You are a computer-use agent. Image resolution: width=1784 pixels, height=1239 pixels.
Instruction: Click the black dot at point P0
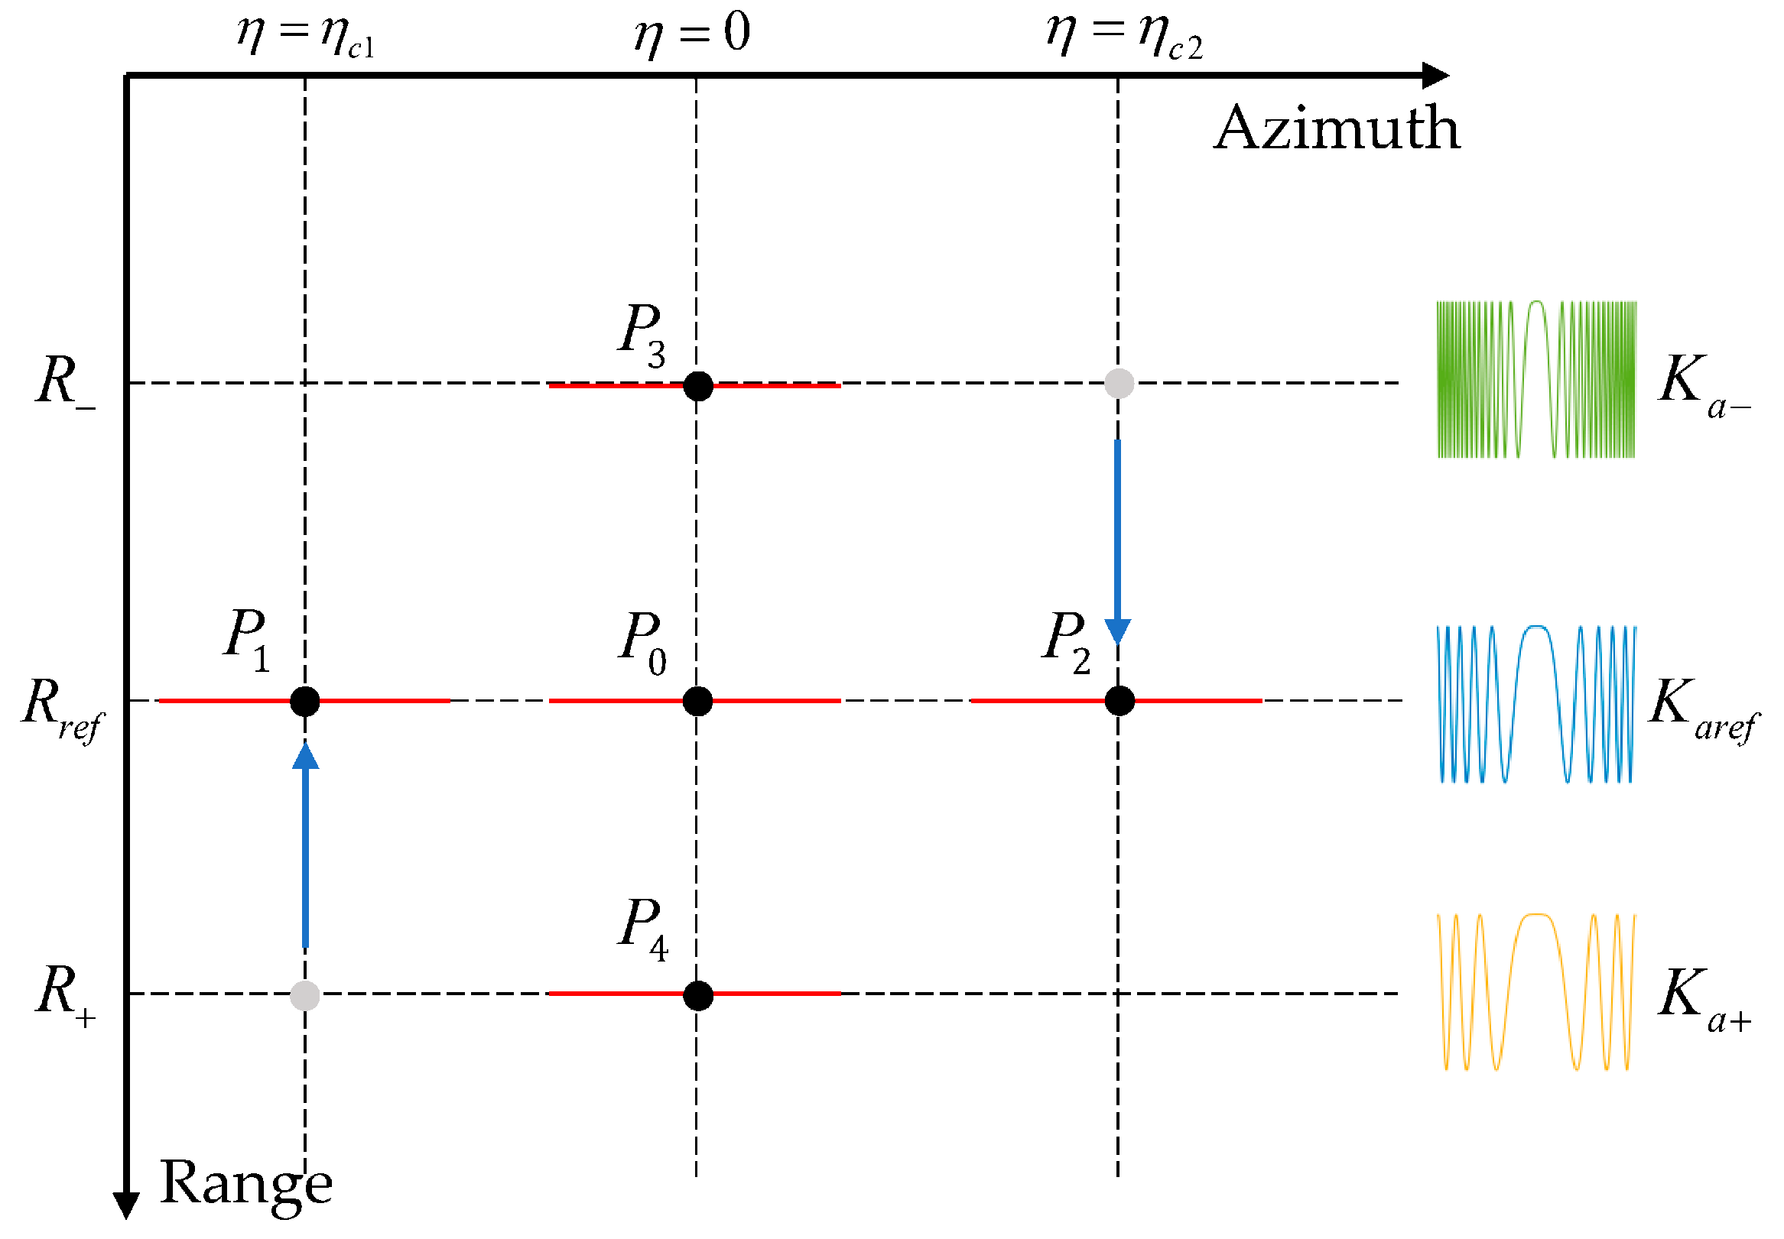click(697, 701)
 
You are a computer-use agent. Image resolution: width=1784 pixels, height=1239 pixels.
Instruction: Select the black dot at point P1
click(304, 701)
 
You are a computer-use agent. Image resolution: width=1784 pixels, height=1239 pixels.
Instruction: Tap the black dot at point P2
click(1119, 701)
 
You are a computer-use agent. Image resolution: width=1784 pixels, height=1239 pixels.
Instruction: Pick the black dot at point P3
click(697, 386)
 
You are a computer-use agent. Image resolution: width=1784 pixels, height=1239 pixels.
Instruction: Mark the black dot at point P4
click(697, 995)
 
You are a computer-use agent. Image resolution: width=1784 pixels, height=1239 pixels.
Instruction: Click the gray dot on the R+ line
click(304, 995)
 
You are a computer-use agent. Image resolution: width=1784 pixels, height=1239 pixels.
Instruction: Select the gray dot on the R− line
click(1119, 383)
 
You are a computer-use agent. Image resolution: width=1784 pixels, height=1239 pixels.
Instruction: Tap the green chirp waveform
click(1535, 379)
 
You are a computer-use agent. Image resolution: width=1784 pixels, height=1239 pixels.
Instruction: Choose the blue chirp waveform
click(1535, 703)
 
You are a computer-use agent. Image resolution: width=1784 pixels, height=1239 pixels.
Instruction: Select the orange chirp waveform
click(1535, 992)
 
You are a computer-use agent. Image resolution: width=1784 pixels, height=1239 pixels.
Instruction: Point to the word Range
click(245, 1183)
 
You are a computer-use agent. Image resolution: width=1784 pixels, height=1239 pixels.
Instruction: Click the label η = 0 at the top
click(691, 35)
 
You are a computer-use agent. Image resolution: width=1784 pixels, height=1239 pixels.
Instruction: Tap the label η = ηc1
click(306, 36)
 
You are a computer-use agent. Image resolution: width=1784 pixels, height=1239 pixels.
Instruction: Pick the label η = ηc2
click(1124, 36)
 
